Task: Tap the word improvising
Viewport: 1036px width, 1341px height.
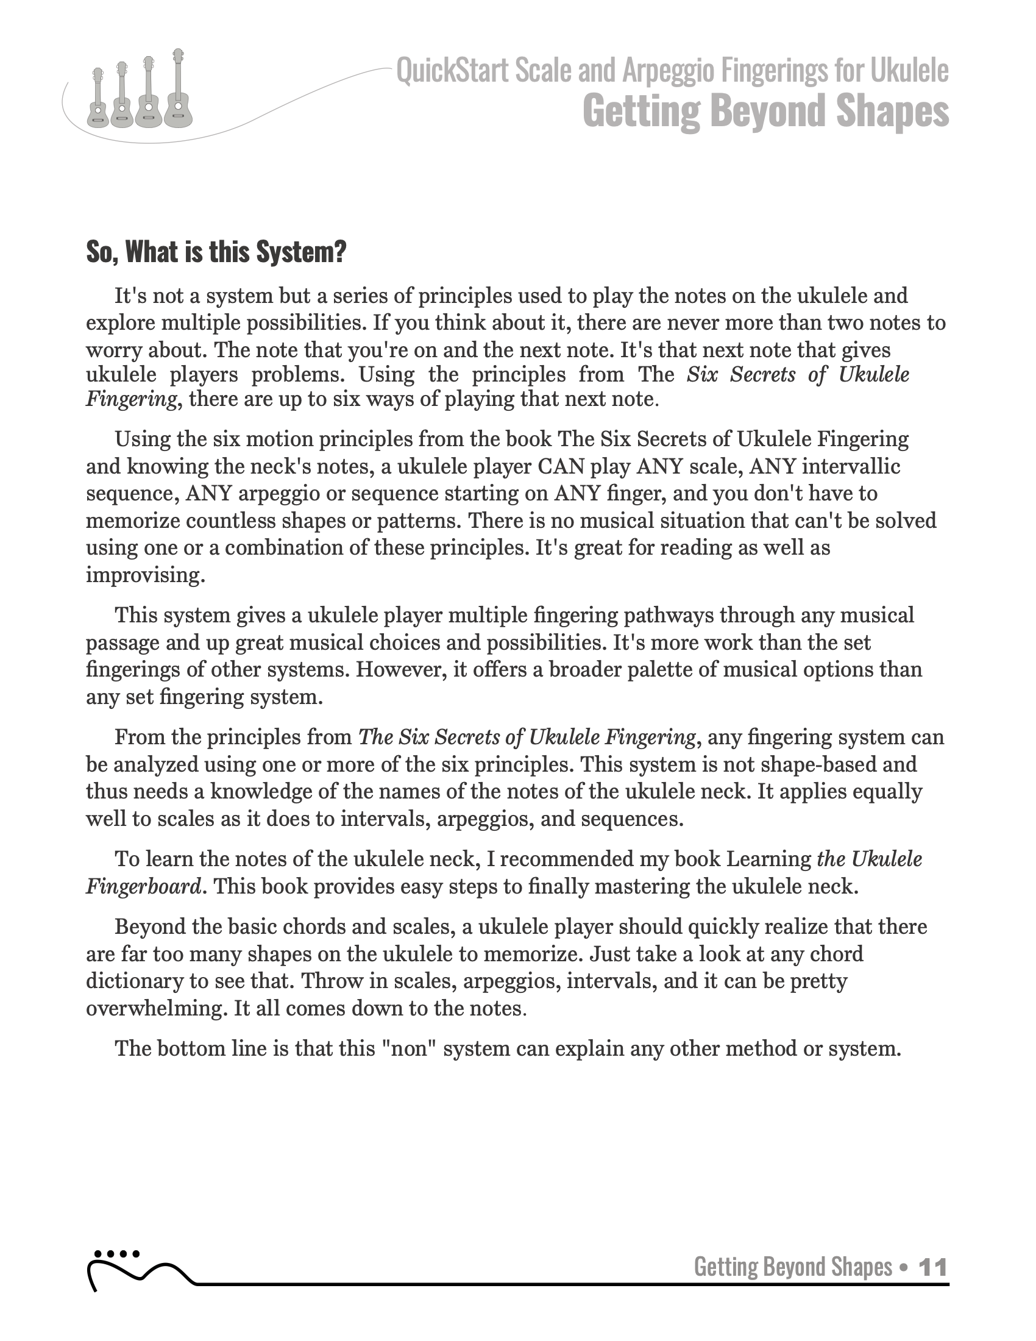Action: click(146, 575)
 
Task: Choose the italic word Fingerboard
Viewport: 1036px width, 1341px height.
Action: click(143, 886)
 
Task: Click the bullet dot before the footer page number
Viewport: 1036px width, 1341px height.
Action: click(901, 1267)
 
